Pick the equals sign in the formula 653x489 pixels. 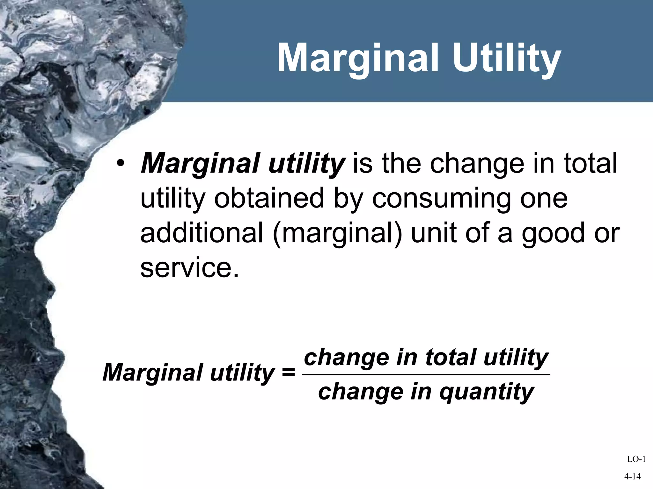tap(289, 372)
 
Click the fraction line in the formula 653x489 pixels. tap(426, 374)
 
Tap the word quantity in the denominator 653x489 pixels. tap(487, 392)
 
